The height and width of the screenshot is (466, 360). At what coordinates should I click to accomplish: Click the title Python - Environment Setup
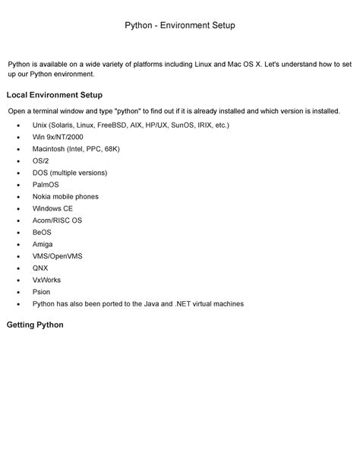(180, 26)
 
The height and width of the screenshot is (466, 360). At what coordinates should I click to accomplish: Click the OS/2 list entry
(42, 160)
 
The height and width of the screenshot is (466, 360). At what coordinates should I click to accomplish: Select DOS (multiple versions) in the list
(70, 173)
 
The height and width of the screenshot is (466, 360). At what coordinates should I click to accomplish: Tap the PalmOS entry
(46, 185)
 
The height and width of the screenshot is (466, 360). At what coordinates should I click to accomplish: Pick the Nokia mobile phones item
(66, 196)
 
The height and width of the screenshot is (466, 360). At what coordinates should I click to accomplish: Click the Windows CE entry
(53, 208)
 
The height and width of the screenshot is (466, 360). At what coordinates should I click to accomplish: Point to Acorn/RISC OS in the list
(57, 220)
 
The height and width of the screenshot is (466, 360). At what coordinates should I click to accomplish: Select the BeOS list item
(42, 232)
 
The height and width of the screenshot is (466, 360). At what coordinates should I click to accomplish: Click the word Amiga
(43, 244)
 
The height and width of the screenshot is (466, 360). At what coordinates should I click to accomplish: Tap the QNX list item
(40, 268)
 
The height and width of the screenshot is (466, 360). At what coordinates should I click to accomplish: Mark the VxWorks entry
(46, 280)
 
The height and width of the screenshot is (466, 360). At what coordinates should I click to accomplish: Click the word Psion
(42, 292)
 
